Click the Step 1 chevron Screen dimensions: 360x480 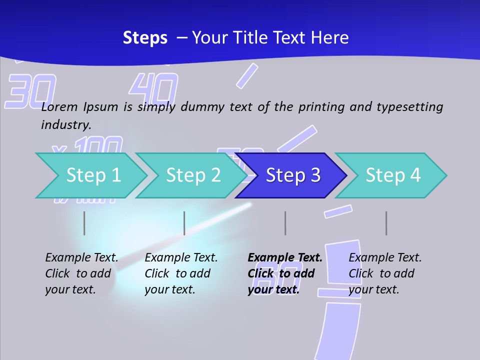click(93, 175)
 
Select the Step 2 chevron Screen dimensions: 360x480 click(193, 175)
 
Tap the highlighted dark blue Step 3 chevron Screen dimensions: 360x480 click(292, 175)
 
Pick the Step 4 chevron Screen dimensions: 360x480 click(393, 175)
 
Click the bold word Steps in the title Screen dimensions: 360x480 click(145, 38)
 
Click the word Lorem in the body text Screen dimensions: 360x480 click(60, 106)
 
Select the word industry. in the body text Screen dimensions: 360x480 click(66, 124)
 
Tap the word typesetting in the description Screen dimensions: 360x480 click(409, 107)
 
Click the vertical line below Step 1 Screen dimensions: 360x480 click(84, 223)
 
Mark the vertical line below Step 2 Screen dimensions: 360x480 click(184, 223)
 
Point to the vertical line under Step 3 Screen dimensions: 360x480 click(285, 223)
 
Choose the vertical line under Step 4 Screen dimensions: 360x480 click(386, 223)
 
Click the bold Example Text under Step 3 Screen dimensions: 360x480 click(285, 258)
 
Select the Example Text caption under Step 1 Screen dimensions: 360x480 click(81, 258)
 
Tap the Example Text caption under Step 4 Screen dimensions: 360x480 click(385, 258)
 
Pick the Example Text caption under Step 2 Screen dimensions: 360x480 click(181, 258)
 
